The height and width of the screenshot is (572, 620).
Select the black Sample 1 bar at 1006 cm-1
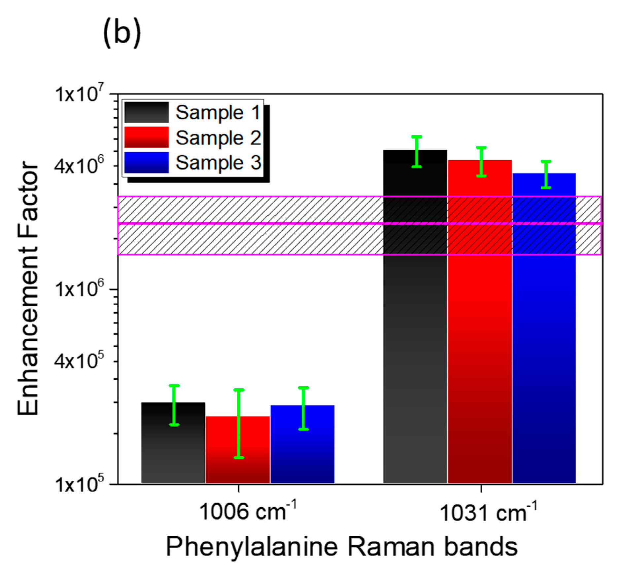pos(173,449)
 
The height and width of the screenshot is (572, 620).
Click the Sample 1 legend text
pos(218,112)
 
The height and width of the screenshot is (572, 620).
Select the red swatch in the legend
pos(146,137)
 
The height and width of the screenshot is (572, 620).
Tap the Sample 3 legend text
pos(218,163)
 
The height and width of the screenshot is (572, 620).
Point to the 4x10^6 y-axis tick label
pos(79,165)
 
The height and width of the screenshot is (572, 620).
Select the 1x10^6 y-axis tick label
pos(79,289)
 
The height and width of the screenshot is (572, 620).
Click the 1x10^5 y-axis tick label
pos(79,484)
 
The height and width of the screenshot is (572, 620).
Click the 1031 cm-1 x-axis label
pos(488,512)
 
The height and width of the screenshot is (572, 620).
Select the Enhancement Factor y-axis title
pos(28,287)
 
